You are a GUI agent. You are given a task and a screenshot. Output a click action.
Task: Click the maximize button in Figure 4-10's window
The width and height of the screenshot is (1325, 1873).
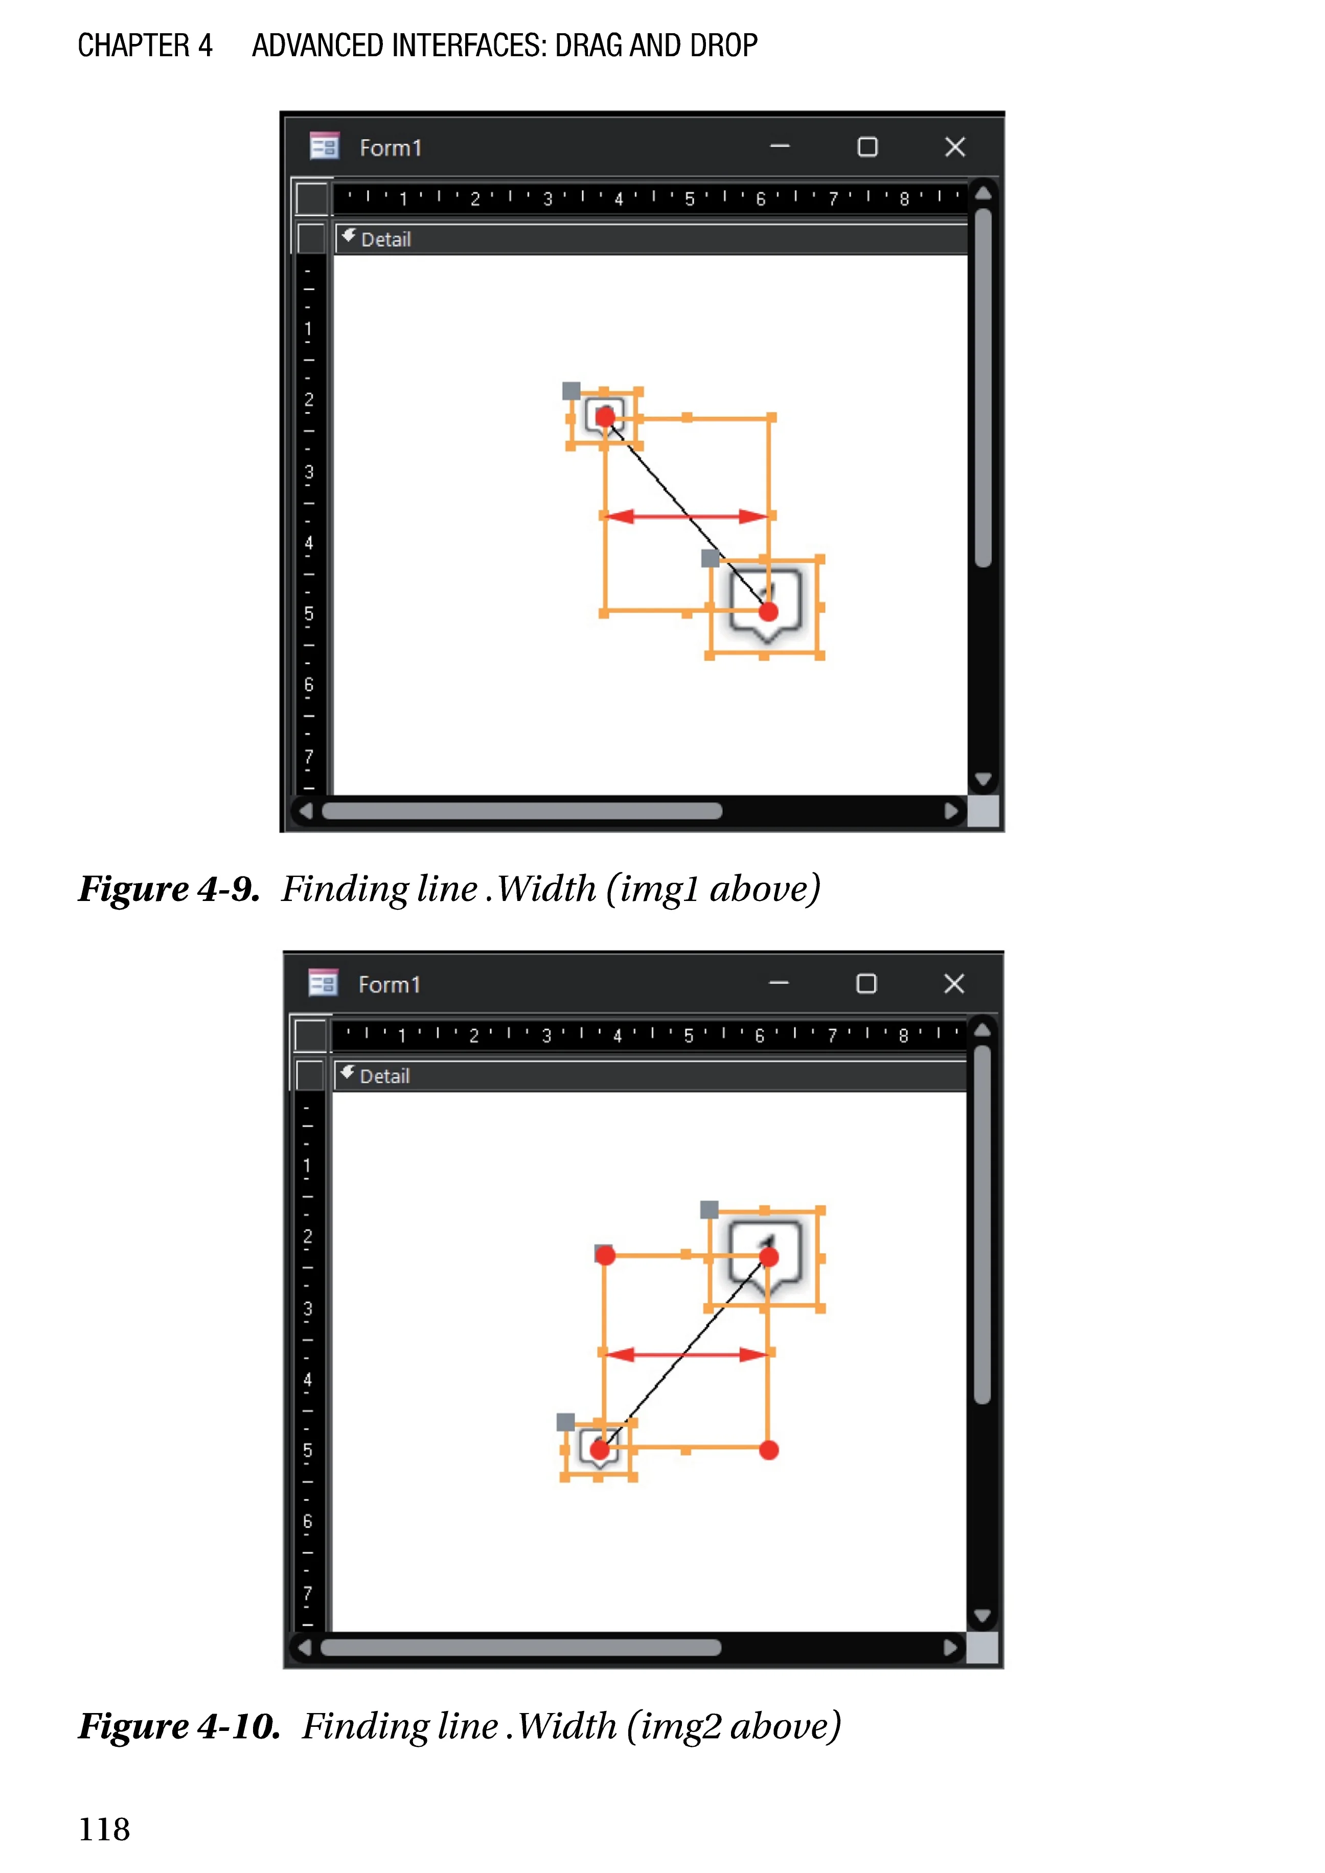point(866,984)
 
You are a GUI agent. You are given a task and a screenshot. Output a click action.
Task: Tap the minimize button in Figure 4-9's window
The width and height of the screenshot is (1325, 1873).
point(780,147)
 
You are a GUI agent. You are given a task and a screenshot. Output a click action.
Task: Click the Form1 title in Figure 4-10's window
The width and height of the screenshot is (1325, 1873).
point(389,985)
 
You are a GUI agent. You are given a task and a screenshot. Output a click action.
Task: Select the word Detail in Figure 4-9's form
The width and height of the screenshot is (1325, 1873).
point(386,239)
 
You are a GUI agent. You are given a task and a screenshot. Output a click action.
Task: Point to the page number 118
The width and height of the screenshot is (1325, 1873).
point(104,1830)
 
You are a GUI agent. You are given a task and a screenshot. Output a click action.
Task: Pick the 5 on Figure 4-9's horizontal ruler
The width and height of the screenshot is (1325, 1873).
point(690,199)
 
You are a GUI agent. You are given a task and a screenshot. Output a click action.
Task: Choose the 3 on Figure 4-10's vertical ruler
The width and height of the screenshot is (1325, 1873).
point(308,1308)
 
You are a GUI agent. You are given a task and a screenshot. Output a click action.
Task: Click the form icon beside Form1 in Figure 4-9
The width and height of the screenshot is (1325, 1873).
point(324,147)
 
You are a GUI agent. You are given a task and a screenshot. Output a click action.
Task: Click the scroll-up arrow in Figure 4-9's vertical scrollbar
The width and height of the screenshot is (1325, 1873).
point(983,193)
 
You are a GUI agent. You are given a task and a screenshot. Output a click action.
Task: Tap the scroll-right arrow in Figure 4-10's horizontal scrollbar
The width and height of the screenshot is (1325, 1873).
point(950,1647)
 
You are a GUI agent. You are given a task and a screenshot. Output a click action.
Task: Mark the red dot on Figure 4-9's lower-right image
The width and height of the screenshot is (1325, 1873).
point(768,612)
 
